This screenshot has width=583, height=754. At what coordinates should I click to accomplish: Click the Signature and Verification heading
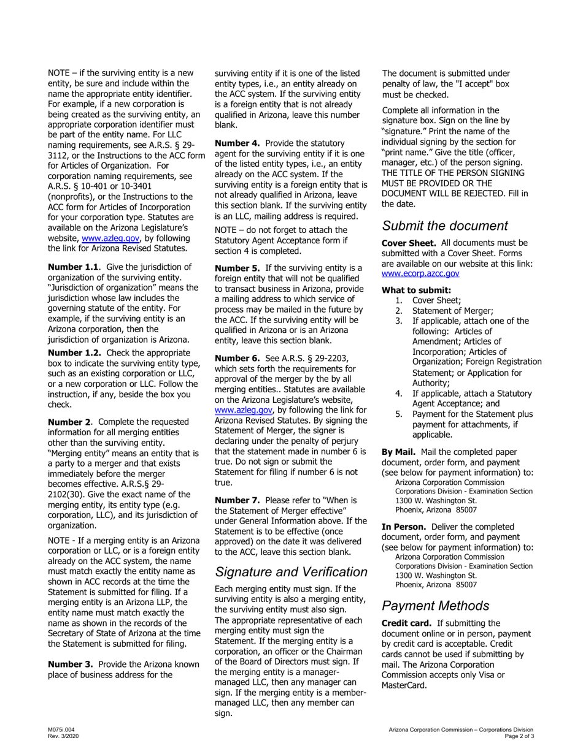[x=291, y=573]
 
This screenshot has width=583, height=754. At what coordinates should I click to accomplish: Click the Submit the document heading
[x=445, y=226]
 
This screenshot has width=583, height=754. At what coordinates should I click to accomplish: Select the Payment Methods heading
[x=435, y=606]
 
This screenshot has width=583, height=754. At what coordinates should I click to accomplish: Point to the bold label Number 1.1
[x=72, y=267]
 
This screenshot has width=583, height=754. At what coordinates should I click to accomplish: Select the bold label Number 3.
[x=70, y=665]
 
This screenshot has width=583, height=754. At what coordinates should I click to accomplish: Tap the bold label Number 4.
[x=237, y=143]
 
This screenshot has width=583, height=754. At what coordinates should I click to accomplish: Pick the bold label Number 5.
[x=237, y=268]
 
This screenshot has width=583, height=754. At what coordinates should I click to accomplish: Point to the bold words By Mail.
[x=399, y=452]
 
